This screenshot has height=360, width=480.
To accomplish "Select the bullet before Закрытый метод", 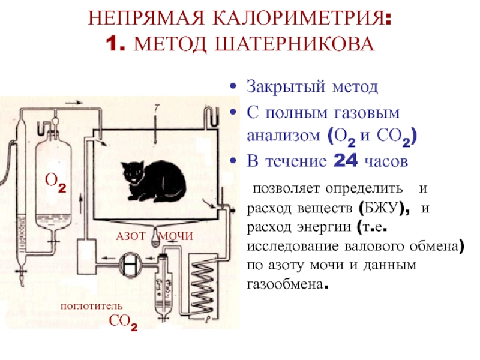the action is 233,87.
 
